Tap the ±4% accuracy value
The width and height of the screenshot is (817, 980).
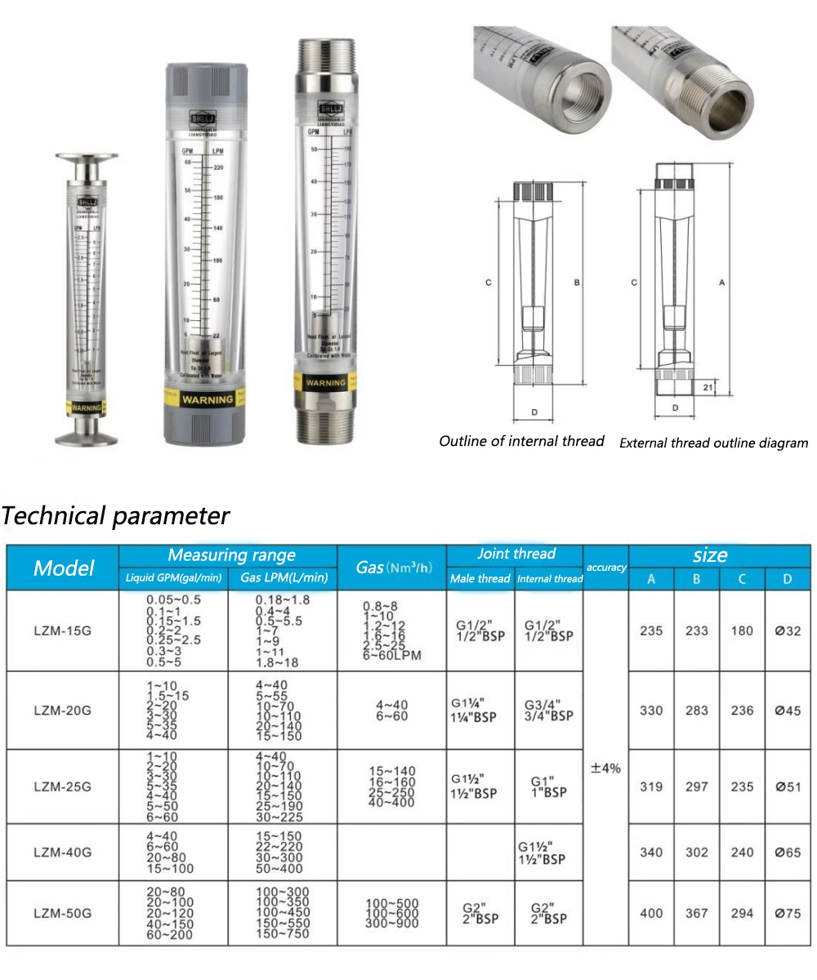click(x=605, y=768)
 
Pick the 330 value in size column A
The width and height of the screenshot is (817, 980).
click(x=651, y=710)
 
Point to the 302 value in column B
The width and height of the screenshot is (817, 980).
click(x=697, y=853)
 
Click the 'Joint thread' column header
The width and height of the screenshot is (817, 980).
click(x=516, y=554)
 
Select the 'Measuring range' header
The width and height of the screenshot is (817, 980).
click(x=231, y=555)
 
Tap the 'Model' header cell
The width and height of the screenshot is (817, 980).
click(x=64, y=568)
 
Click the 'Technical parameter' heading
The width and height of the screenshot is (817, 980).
click(x=116, y=516)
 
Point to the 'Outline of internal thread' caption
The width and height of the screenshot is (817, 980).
click(x=521, y=441)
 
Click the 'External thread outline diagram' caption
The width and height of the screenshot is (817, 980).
click(x=713, y=443)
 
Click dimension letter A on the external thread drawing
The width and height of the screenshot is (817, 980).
click(x=721, y=283)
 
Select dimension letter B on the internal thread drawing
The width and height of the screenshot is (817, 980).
click(x=576, y=283)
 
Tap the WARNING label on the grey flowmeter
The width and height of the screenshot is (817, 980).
click(x=207, y=399)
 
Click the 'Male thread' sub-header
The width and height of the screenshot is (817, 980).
click(x=480, y=579)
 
